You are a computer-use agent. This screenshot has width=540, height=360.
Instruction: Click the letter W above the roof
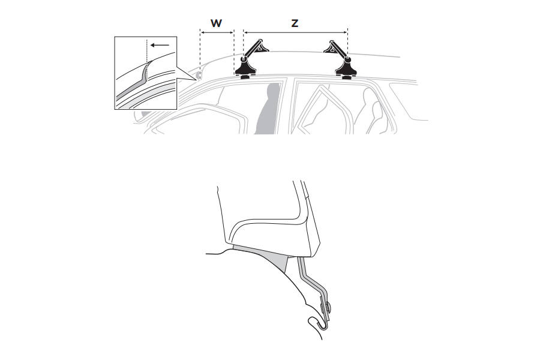pyautogui.click(x=216, y=23)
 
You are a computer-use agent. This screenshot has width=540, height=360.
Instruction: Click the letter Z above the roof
pyautogui.click(x=295, y=23)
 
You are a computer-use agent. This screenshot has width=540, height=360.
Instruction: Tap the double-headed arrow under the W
pyautogui.click(x=217, y=33)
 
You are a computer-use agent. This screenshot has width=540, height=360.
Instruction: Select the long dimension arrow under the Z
pyautogui.click(x=295, y=33)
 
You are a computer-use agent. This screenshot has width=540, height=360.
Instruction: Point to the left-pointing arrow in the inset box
pyautogui.click(x=160, y=45)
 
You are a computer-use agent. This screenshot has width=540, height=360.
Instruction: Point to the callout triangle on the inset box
pyautogui.click(x=187, y=73)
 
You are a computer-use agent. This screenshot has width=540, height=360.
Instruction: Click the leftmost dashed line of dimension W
pyautogui.click(x=200, y=55)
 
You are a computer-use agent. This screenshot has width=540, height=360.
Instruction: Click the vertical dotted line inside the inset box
pyautogui.click(x=147, y=60)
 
